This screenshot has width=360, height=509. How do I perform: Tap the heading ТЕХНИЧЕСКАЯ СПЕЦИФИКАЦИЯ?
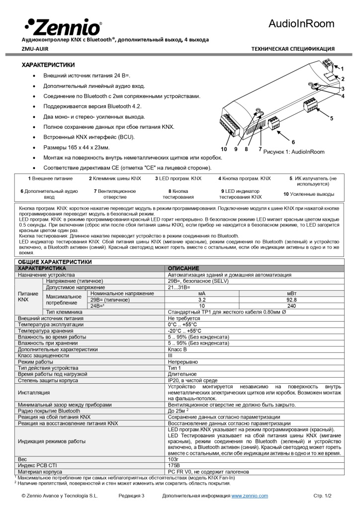293,49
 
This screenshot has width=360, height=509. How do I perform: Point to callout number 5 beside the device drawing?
331,118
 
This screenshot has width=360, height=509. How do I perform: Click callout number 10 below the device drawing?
224,149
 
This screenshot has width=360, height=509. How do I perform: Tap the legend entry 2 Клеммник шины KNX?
115,178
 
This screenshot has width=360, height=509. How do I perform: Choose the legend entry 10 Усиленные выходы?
308,194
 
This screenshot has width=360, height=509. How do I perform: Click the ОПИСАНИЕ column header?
183,268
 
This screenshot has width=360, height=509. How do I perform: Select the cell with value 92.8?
291,300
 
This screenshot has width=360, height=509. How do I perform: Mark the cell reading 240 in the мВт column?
291,306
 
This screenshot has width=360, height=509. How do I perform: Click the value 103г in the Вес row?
175,460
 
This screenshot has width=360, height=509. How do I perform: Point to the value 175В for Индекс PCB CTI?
176,466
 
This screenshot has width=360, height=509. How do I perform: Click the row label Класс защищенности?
43,355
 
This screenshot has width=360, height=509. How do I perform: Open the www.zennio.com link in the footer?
250,496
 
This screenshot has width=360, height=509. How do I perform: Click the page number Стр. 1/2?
322,496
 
